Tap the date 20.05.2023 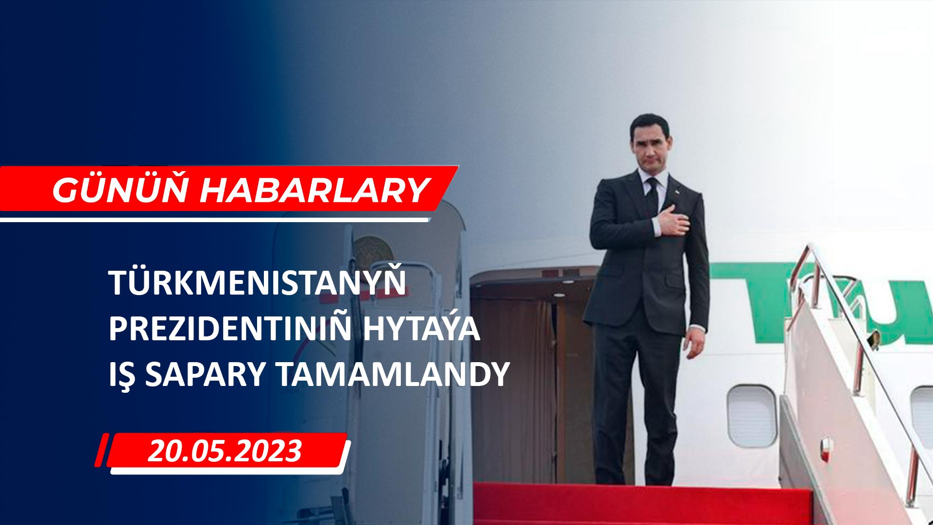[225, 451]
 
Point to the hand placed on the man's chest [674, 221]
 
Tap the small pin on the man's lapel [675, 196]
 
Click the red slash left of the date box [101, 450]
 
